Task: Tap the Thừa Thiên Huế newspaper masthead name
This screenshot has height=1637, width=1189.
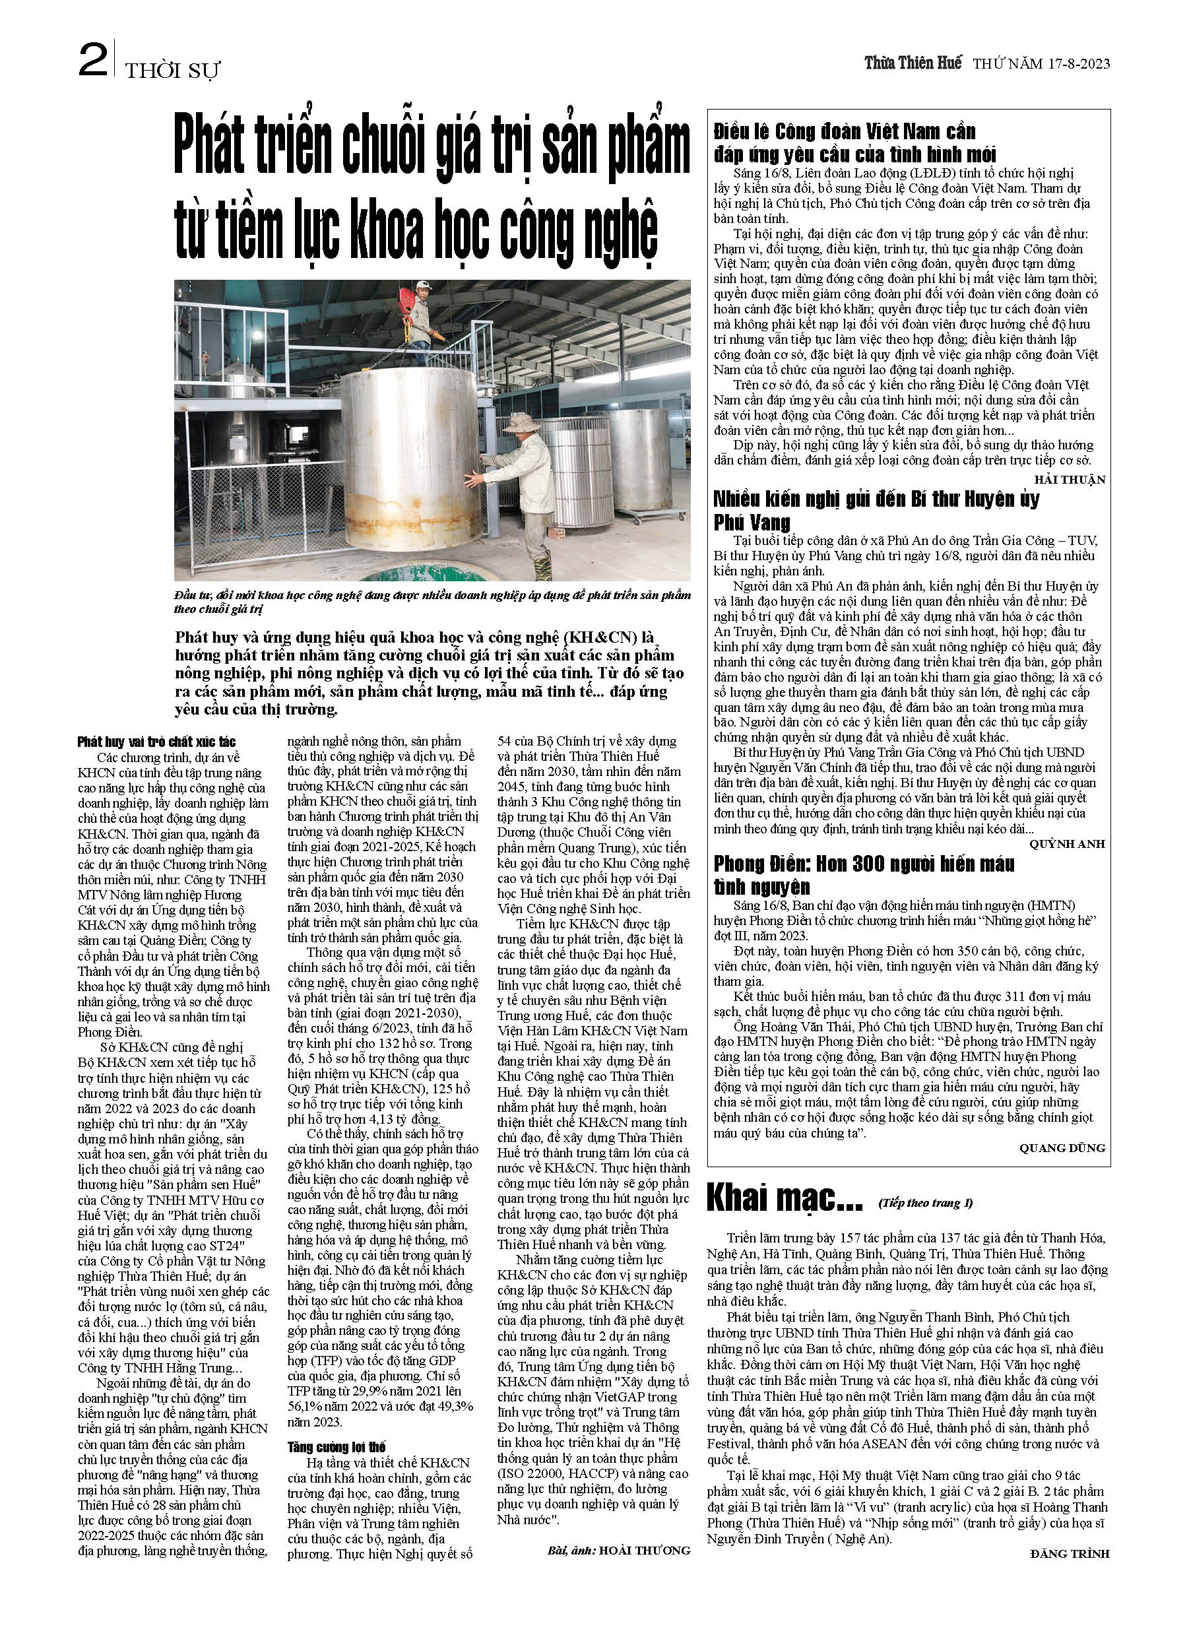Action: tap(913, 63)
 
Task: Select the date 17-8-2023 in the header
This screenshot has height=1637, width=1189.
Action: tap(1075, 63)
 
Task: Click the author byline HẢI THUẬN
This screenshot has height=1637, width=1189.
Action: tap(1069, 479)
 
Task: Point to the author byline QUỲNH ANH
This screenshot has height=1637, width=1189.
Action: tap(1067, 844)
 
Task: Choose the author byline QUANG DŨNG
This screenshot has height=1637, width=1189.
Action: tap(1062, 1147)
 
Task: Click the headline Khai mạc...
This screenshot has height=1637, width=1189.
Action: tap(785, 1200)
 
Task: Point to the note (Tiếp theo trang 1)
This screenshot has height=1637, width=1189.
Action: tap(926, 1202)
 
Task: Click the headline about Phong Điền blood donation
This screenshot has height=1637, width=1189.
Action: tap(864, 875)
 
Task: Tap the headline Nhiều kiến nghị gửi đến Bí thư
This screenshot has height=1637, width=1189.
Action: tap(876, 510)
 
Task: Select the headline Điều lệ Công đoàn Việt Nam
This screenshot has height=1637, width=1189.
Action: tap(854, 143)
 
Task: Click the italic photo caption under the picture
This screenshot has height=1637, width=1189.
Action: tap(432, 601)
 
